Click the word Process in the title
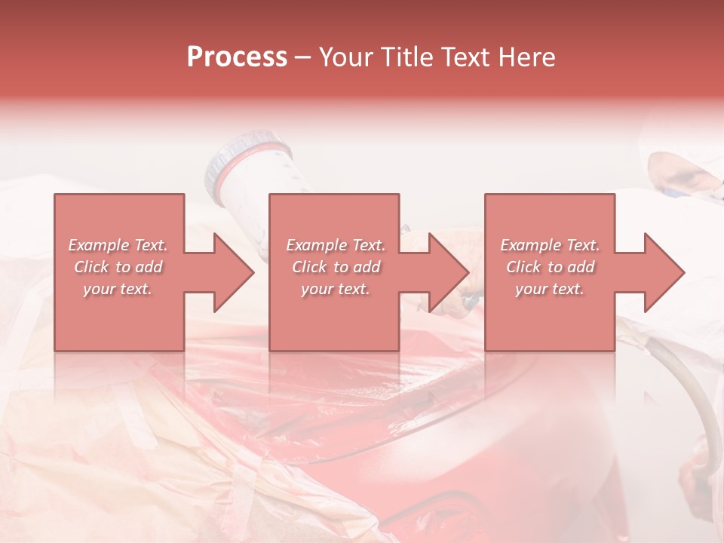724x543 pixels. (x=237, y=57)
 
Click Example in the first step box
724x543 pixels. (x=99, y=245)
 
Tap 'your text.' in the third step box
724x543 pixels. (x=549, y=289)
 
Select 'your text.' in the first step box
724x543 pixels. (x=118, y=289)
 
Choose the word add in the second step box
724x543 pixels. (x=367, y=267)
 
